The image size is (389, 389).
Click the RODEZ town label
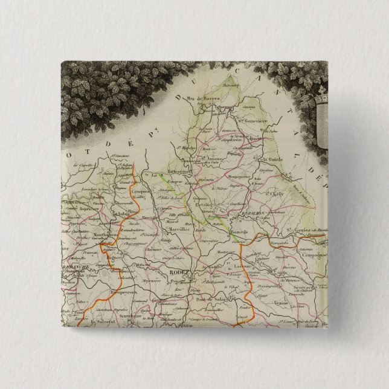pyautogui.click(x=179, y=272)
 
